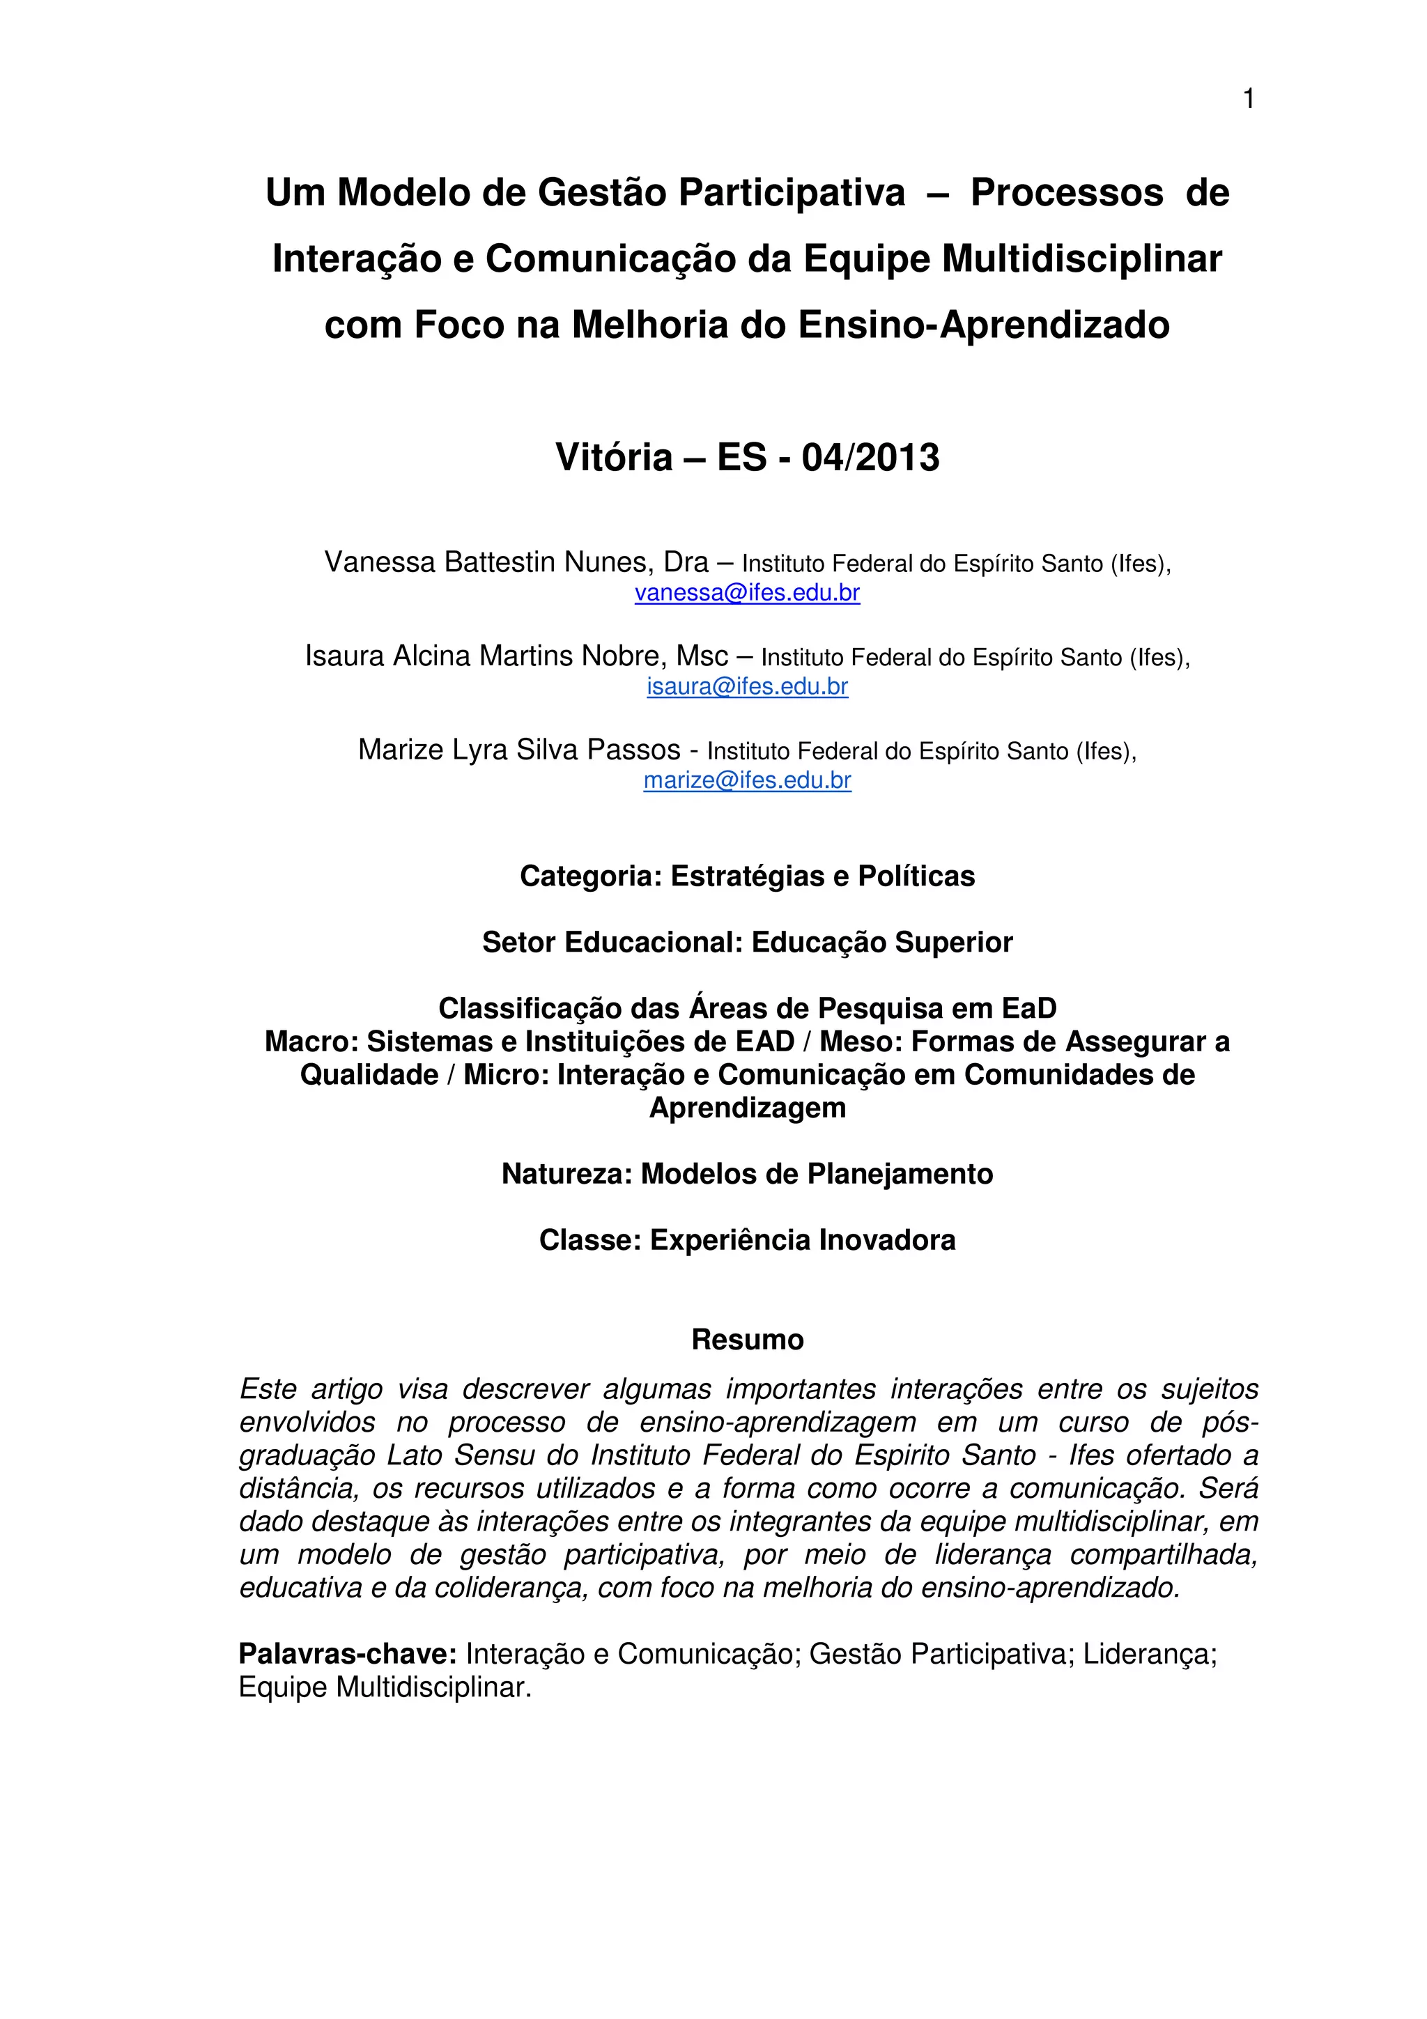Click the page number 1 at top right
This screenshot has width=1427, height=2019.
click(x=1248, y=100)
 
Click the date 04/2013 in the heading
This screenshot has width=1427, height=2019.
click(x=870, y=458)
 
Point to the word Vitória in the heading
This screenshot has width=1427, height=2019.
click(x=614, y=458)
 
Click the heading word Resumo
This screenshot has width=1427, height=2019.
click(x=748, y=1339)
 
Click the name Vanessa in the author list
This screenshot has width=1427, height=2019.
click(x=380, y=562)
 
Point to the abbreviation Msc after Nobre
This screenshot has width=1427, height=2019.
click(x=702, y=656)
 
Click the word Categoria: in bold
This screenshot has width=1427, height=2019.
click(x=590, y=876)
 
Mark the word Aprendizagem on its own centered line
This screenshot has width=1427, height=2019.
click(x=748, y=1108)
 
